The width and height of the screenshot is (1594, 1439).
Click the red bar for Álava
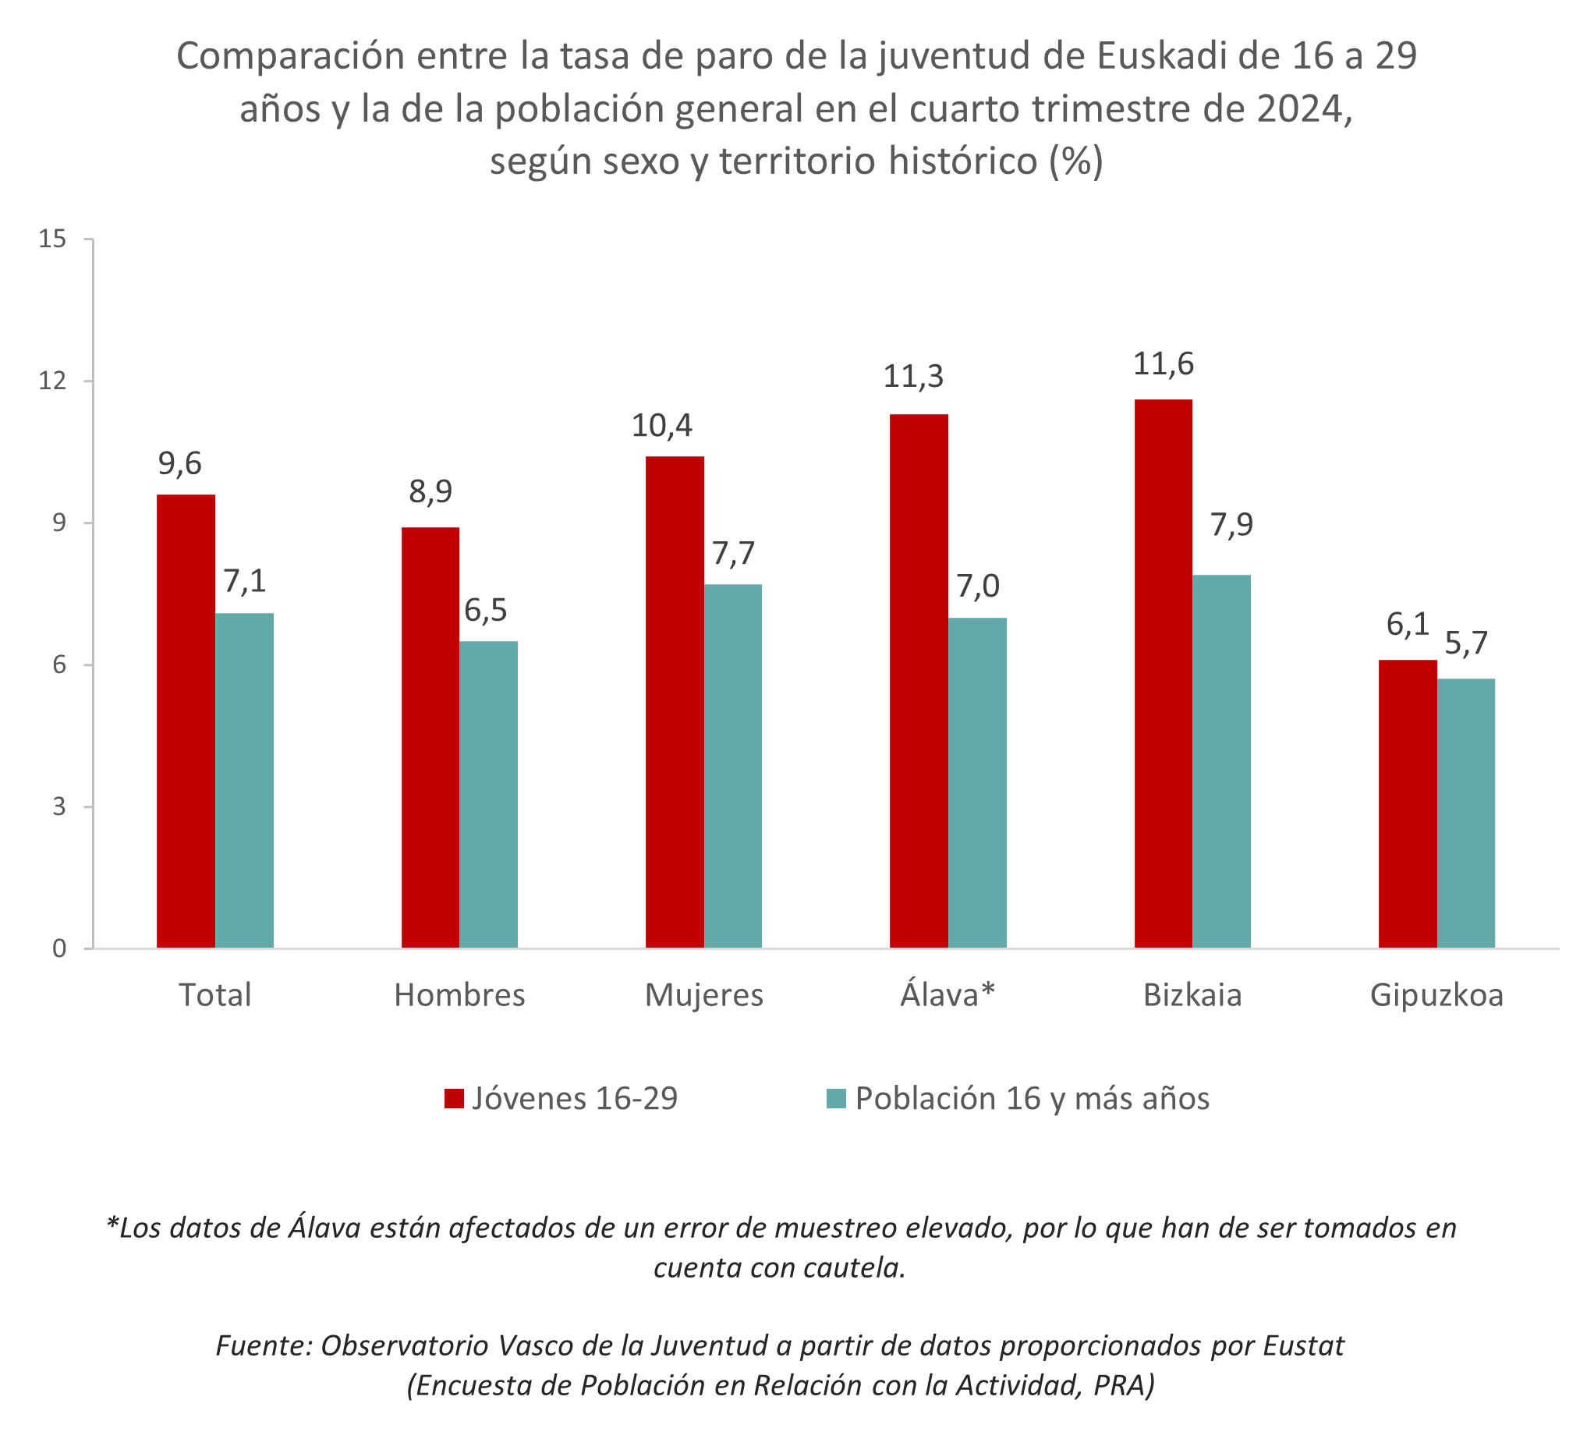click(x=919, y=681)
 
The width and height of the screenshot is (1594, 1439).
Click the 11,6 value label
click(x=1163, y=364)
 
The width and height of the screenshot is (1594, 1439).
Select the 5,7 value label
click(x=1466, y=643)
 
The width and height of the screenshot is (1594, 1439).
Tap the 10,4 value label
click(x=661, y=426)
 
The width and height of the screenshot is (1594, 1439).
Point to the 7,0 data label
click(x=978, y=587)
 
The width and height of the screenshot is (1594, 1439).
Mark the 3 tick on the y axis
click(x=59, y=806)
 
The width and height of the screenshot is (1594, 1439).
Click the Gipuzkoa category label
click(x=1436, y=994)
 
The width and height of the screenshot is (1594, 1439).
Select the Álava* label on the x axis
click(x=948, y=994)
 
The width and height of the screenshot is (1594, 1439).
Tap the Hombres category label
click(x=459, y=994)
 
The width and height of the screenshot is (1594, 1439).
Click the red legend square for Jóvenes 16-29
click(x=454, y=1099)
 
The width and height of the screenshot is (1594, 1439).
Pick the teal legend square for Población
click(x=837, y=1099)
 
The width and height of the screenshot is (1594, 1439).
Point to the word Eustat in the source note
click(x=1303, y=1345)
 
